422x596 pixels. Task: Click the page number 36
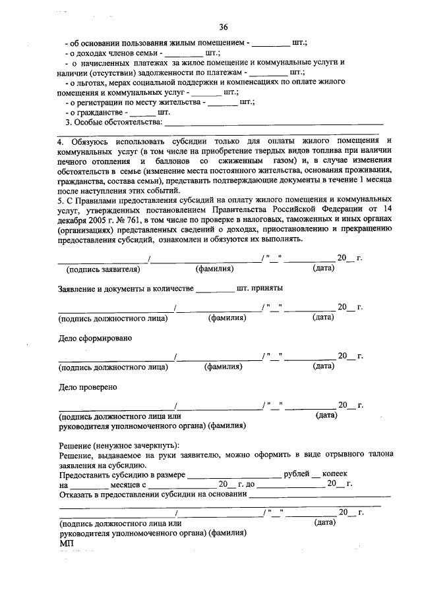pyautogui.click(x=224, y=27)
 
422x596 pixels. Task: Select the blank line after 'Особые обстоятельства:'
pyautogui.click(x=273, y=122)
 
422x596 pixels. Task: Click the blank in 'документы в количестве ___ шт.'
pyautogui.click(x=215, y=289)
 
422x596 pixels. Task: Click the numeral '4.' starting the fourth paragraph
pyautogui.click(x=61, y=141)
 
